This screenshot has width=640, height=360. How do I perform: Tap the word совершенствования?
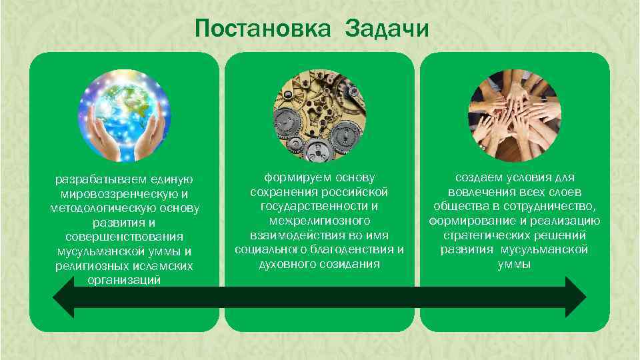124,237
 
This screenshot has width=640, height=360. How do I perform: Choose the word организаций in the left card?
124,280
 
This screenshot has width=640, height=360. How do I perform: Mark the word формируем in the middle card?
295,177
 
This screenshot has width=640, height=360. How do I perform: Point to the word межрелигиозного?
319,221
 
